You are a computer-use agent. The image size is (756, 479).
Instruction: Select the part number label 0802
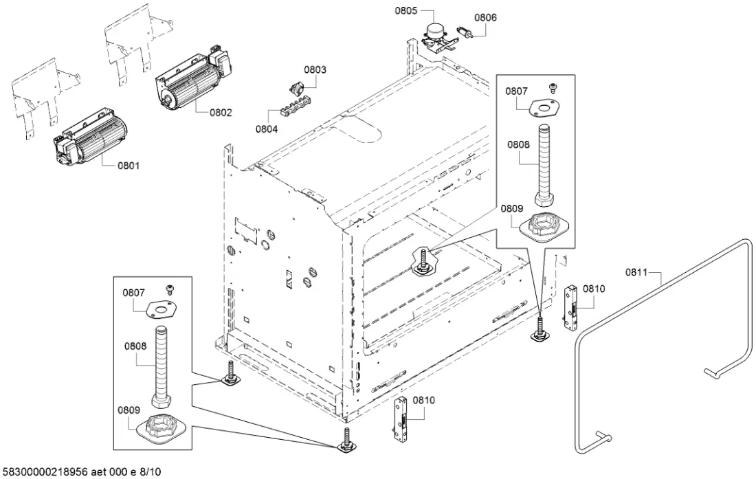tap(221, 112)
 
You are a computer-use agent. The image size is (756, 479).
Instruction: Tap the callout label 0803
tap(315, 69)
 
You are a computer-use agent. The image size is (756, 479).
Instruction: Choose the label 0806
tap(485, 17)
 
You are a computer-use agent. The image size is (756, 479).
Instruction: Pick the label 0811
tap(636, 273)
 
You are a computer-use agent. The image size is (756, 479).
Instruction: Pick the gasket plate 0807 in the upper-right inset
tap(544, 107)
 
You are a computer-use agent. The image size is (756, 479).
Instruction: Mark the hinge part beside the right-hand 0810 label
tap(570, 307)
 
